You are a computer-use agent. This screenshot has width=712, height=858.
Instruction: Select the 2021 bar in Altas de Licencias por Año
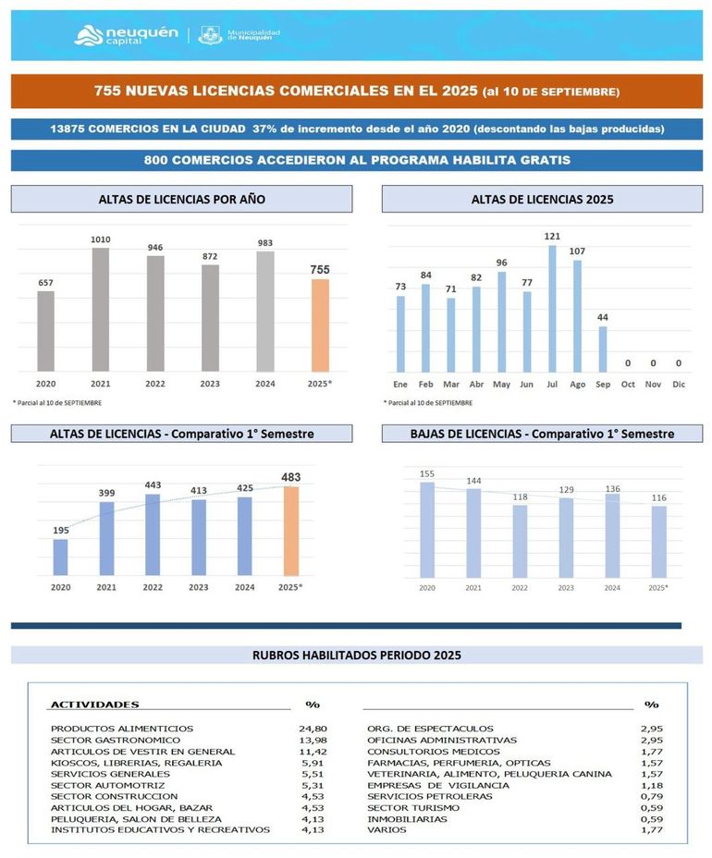pyautogui.click(x=100, y=309)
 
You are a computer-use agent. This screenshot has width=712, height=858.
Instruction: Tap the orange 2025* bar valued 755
pyautogui.click(x=319, y=325)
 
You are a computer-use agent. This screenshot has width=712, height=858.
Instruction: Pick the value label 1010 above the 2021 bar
pyautogui.click(x=100, y=239)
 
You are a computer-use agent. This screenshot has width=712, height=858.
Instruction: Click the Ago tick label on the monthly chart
pyautogui.click(x=577, y=383)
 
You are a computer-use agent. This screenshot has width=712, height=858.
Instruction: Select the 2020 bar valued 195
pyautogui.click(x=60, y=556)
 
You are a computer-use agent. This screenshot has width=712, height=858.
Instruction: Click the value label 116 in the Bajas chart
pyautogui.click(x=657, y=498)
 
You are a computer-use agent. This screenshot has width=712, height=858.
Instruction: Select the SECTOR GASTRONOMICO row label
pyautogui.click(x=116, y=740)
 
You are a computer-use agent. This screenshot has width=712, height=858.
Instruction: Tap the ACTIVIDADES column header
pyautogui.click(x=94, y=705)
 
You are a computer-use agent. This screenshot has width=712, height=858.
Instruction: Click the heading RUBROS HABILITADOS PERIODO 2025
pyautogui.click(x=356, y=656)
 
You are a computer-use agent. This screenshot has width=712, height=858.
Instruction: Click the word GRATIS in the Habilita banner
pyautogui.click(x=543, y=160)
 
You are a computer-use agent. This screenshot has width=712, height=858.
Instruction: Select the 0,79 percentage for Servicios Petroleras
pyautogui.click(x=651, y=796)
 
